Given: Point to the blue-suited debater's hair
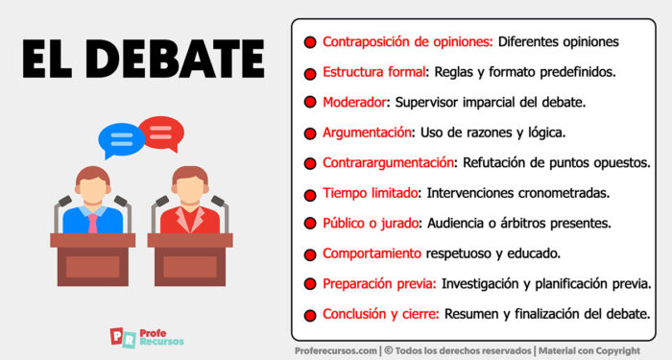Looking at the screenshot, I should click(93, 173).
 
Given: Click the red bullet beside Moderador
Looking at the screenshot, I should click(310, 102).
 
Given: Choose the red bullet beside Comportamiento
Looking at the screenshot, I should click(310, 254).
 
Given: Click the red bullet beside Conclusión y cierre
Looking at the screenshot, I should click(310, 315).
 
